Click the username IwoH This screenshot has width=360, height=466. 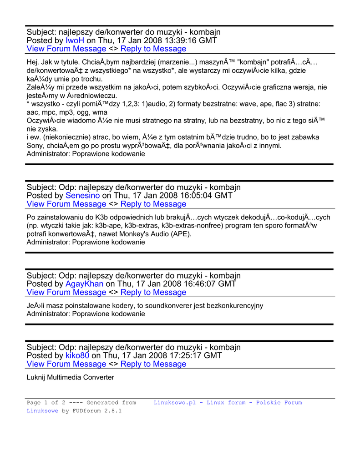[75, 41]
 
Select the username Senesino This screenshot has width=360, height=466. [83, 196]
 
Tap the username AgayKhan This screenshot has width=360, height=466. [85, 284]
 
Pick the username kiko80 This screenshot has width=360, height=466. [77, 355]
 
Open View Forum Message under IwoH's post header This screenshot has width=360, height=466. [66, 49]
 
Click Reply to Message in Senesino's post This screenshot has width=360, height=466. [153, 204]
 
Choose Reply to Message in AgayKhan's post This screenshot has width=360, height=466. [153, 292]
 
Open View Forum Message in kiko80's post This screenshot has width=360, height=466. [66, 364]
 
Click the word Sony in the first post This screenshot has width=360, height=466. [35, 146]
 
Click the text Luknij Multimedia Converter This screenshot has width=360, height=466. [71, 378]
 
